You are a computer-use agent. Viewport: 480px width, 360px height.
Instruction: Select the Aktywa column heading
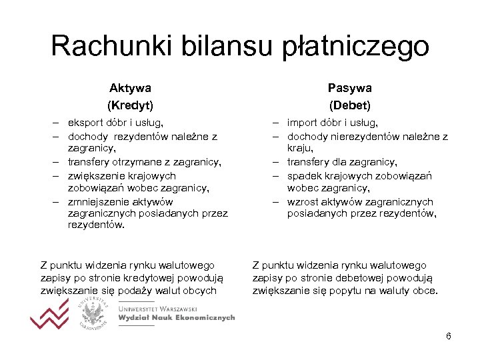[130, 88]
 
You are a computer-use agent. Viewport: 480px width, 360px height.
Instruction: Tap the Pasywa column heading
[349, 88]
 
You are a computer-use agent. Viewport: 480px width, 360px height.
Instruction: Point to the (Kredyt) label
[130, 105]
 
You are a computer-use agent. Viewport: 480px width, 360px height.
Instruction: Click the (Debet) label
[349, 105]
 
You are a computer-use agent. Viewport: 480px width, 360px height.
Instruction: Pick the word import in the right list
[303, 123]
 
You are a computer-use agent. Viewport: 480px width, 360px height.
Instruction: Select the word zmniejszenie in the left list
[98, 202]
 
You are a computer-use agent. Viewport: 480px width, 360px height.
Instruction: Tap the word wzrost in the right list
[302, 202]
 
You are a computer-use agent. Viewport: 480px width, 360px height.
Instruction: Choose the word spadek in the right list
[304, 176]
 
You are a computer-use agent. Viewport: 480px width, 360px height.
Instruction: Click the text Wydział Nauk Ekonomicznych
[176, 319]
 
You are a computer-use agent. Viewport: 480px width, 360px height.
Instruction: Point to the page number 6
[449, 336]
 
